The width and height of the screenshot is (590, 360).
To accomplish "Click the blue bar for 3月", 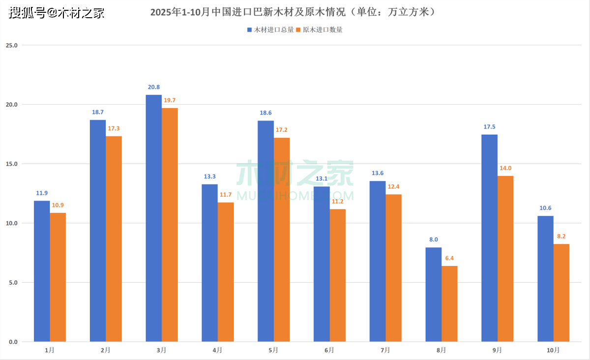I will [x=153, y=218].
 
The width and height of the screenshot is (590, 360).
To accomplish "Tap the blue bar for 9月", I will [x=489, y=238].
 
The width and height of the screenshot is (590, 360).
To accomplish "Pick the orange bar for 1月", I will [x=58, y=277].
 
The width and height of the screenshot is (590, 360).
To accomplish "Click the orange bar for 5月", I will [x=282, y=240].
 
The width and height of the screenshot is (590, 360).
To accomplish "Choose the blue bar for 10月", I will [x=545, y=278].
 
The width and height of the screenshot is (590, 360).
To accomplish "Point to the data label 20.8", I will [x=154, y=87].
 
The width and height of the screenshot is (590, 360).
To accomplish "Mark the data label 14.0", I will [x=506, y=168].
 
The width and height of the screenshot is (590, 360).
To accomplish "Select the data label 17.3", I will [x=114, y=128].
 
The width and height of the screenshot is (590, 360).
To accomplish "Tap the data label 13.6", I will [x=378, y=173].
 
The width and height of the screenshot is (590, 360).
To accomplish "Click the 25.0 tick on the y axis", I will [x=11, y=45].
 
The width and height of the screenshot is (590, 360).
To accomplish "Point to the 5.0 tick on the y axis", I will [x=12, y=283].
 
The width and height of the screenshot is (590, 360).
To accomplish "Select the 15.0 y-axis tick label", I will [x=11, y=164].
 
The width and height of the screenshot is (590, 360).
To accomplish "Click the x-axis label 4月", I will [x=217, y=350].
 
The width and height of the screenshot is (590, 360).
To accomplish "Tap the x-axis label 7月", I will [x=385, y=350].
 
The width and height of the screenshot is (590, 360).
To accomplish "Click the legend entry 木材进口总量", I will [x=270, y=30].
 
